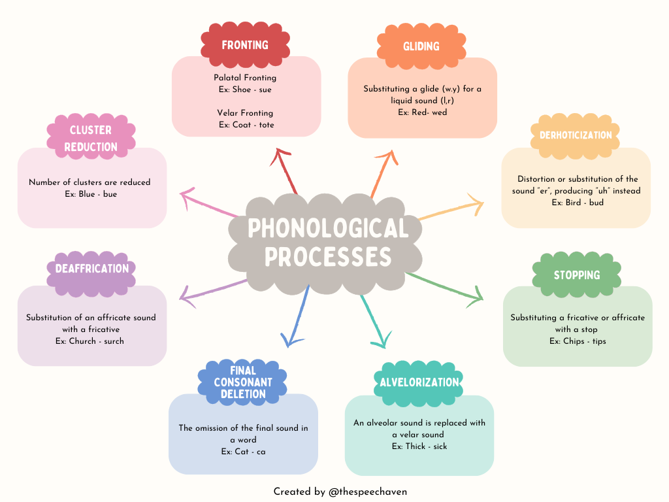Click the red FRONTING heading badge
245,45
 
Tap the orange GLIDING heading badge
421,46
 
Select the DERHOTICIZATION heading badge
576,135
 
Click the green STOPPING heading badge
576,275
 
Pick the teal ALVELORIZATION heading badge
419,382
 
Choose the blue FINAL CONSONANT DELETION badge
242,382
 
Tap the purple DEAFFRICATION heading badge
91,269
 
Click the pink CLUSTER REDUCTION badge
91,139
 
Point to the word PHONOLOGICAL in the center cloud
328,229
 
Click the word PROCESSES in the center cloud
328,257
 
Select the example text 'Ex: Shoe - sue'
246,90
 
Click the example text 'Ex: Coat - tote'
246,124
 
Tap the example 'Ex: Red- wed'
422,112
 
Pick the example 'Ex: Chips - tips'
578,341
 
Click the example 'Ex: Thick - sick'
419,446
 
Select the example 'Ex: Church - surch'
91,341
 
